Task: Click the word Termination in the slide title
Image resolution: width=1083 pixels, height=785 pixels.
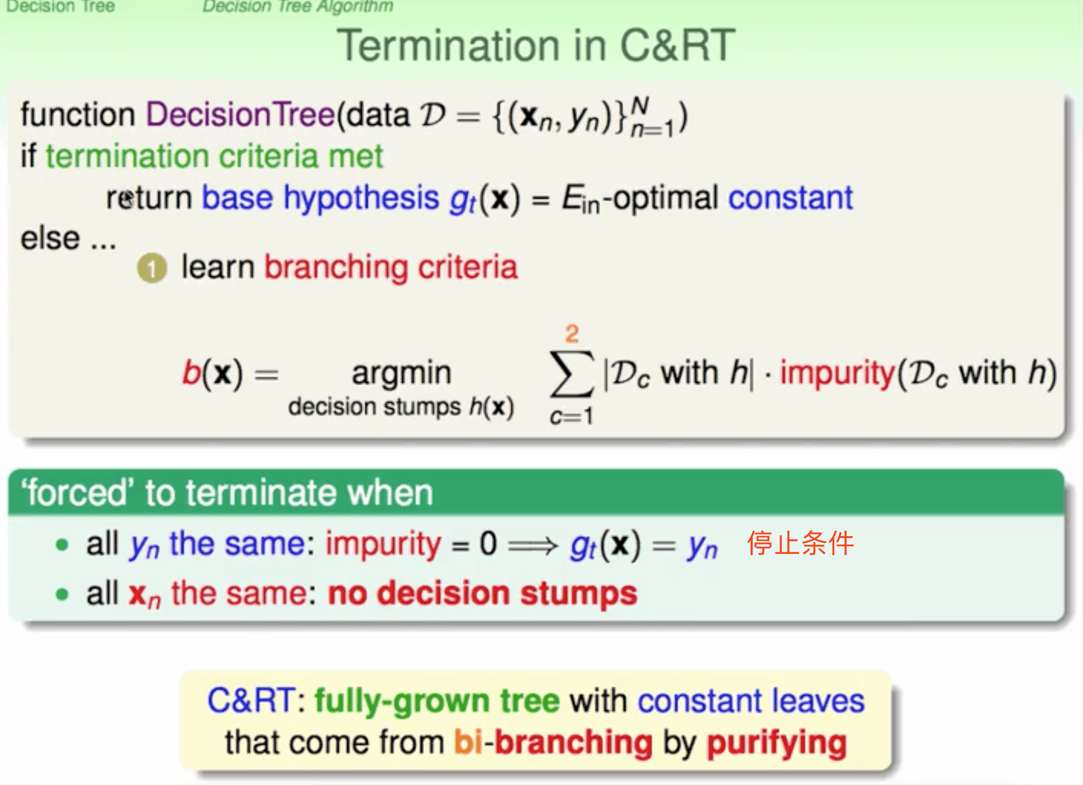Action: coord(449,46)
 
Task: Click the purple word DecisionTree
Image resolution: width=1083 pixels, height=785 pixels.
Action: coord(240,115)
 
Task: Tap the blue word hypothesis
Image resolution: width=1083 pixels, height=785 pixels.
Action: coord(361,199)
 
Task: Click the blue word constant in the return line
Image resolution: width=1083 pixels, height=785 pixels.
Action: coord(790,198)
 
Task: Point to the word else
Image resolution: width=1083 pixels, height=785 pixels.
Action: coord(50,239)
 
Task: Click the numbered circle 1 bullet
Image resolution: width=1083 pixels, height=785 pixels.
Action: coord(151,268)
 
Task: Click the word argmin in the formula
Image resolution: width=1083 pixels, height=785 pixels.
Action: coord(401,373)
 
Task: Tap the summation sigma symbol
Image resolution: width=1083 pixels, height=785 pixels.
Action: coord(571,373)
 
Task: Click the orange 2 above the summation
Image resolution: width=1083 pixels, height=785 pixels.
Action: coord(572,334)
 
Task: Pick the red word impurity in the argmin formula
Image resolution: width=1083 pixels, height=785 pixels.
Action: coord(837,373)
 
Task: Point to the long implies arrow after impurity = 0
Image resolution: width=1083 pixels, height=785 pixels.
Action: coord(533,545)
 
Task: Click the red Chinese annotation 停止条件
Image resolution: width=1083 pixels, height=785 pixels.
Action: coord(800,543)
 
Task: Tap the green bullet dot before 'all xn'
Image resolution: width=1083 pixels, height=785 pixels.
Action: coord(62,594)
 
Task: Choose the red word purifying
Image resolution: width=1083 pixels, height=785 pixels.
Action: coord(777,744)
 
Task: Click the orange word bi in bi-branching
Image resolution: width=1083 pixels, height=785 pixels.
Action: coord(468,742)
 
